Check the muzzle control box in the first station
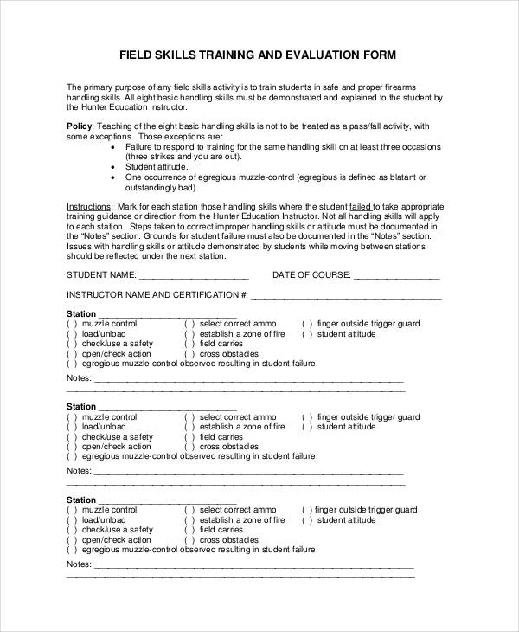pos(72,324)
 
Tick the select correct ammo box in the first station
pos(189,324)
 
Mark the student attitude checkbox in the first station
pos(306,334)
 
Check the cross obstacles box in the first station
pos(189,354)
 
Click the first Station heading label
pos(81,313)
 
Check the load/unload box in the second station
pos(72,427)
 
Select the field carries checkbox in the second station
pos(189,437)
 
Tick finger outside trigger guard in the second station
pos(306,416)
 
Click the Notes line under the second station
pos(247,474)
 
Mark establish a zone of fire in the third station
pos(189,520)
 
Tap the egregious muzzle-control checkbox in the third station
pos(72,551)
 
